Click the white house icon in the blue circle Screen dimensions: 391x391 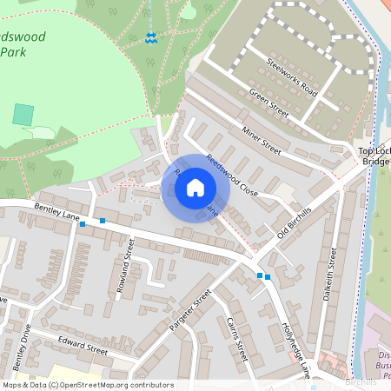(195, 187)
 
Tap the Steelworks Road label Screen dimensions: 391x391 (294, 75)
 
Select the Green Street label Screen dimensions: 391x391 (268, 103)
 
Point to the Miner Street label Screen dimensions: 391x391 (261, 138)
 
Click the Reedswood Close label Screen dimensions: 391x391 (232, 175)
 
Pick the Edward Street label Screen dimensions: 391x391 (82, 344)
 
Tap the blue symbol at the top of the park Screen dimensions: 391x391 (152, 37)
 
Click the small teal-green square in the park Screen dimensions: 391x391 (23, 114)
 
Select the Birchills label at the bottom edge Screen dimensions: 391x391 (361, 382)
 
